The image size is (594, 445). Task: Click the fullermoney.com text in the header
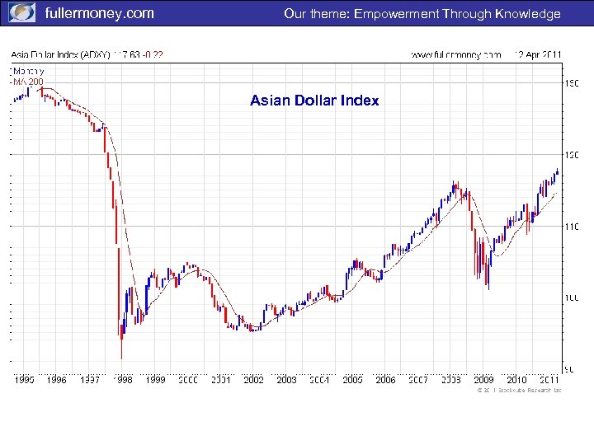pyautogui.click(x=99, y=13)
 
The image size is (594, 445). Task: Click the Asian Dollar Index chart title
pyautogui.click(x=314, y=101)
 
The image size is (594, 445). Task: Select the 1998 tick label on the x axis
pyautogui.click(x=122, y=380)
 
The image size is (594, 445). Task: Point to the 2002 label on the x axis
pyautogui.click(x=253, y=380)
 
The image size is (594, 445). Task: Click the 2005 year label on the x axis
pyautogui.click(x=352, y=380)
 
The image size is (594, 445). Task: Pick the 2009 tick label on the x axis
pyautogui.click(x=483, y=380)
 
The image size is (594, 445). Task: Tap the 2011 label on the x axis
pyautogui.click(x=549, y=380)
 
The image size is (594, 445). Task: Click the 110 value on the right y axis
pyautogui.click(x=570, y=226)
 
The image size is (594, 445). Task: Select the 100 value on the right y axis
pyautogui.click(x=570, y=297)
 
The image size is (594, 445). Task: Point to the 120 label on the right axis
pyautogui.click(x=570, y=155)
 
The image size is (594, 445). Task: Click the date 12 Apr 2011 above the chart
pyautogui.click(x=537, y=54)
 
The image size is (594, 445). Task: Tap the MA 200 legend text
pyautogui.click(x=27, y=81)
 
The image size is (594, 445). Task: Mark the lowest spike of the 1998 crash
pyautogui.click(x=121, y=357)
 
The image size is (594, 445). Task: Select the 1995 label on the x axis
pyautogui.click(x=24, y=380)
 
